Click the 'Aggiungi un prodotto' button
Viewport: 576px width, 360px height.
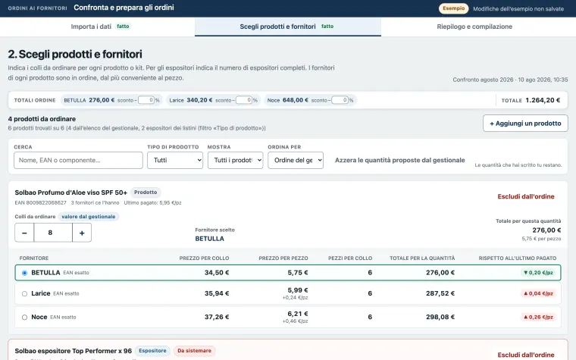point(525,124)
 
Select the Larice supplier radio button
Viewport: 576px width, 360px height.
point(24,293)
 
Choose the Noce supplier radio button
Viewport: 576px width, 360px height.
point(24,317)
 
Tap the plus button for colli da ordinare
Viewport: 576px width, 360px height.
point(82,233)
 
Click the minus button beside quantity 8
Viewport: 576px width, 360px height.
point(24,233)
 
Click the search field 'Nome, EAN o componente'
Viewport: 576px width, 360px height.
point(78,160)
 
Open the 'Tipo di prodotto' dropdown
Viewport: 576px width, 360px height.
point(175,160)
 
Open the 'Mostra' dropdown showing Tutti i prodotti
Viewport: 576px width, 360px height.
point(235,160)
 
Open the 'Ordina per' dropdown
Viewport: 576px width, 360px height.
point(296,160)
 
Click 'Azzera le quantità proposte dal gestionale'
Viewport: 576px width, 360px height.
point(399,160)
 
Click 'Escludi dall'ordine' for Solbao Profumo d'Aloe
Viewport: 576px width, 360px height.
point(526,196)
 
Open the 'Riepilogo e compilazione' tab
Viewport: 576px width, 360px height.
point(474,27)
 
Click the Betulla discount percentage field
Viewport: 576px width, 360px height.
point(146,100)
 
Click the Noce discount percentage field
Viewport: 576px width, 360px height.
point(340,100)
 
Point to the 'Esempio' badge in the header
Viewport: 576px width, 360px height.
point(454,8)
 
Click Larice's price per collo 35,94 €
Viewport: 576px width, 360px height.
point(217,293)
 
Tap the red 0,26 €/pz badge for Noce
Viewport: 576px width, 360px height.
point(538,317)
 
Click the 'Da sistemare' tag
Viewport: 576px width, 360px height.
point(194,351)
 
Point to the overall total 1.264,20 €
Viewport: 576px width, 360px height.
point(543,100)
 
